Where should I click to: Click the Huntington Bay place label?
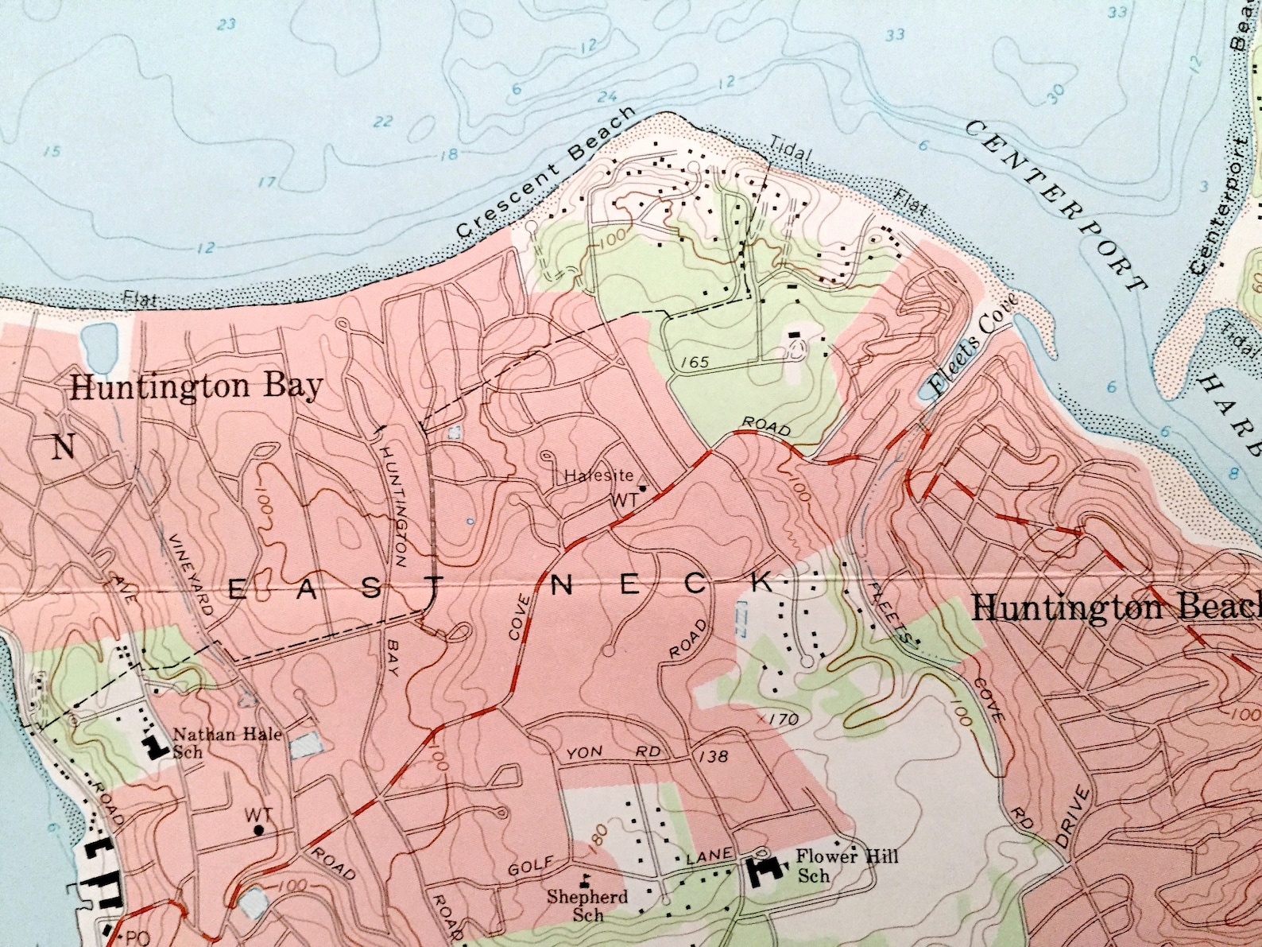[x=197, y=387]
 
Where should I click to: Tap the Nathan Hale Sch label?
[x=227, y=742]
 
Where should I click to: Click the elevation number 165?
[x=694, y=363]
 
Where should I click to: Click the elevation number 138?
[x=713, y=756]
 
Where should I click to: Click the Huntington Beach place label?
[x=1117, y=608]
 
